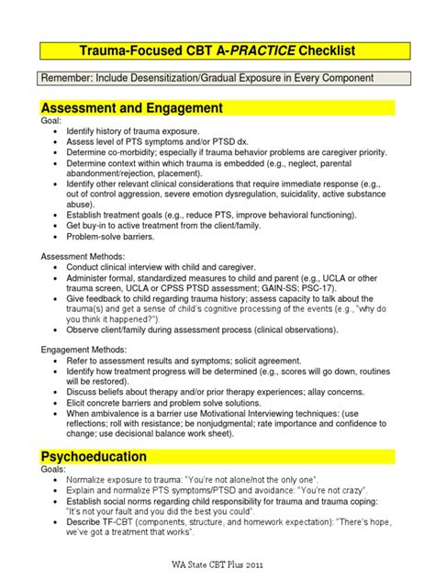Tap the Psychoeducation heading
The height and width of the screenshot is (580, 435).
coord(97,455)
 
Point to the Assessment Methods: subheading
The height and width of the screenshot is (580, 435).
coord(84,256)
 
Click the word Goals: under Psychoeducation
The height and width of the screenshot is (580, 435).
coord(55,469)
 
